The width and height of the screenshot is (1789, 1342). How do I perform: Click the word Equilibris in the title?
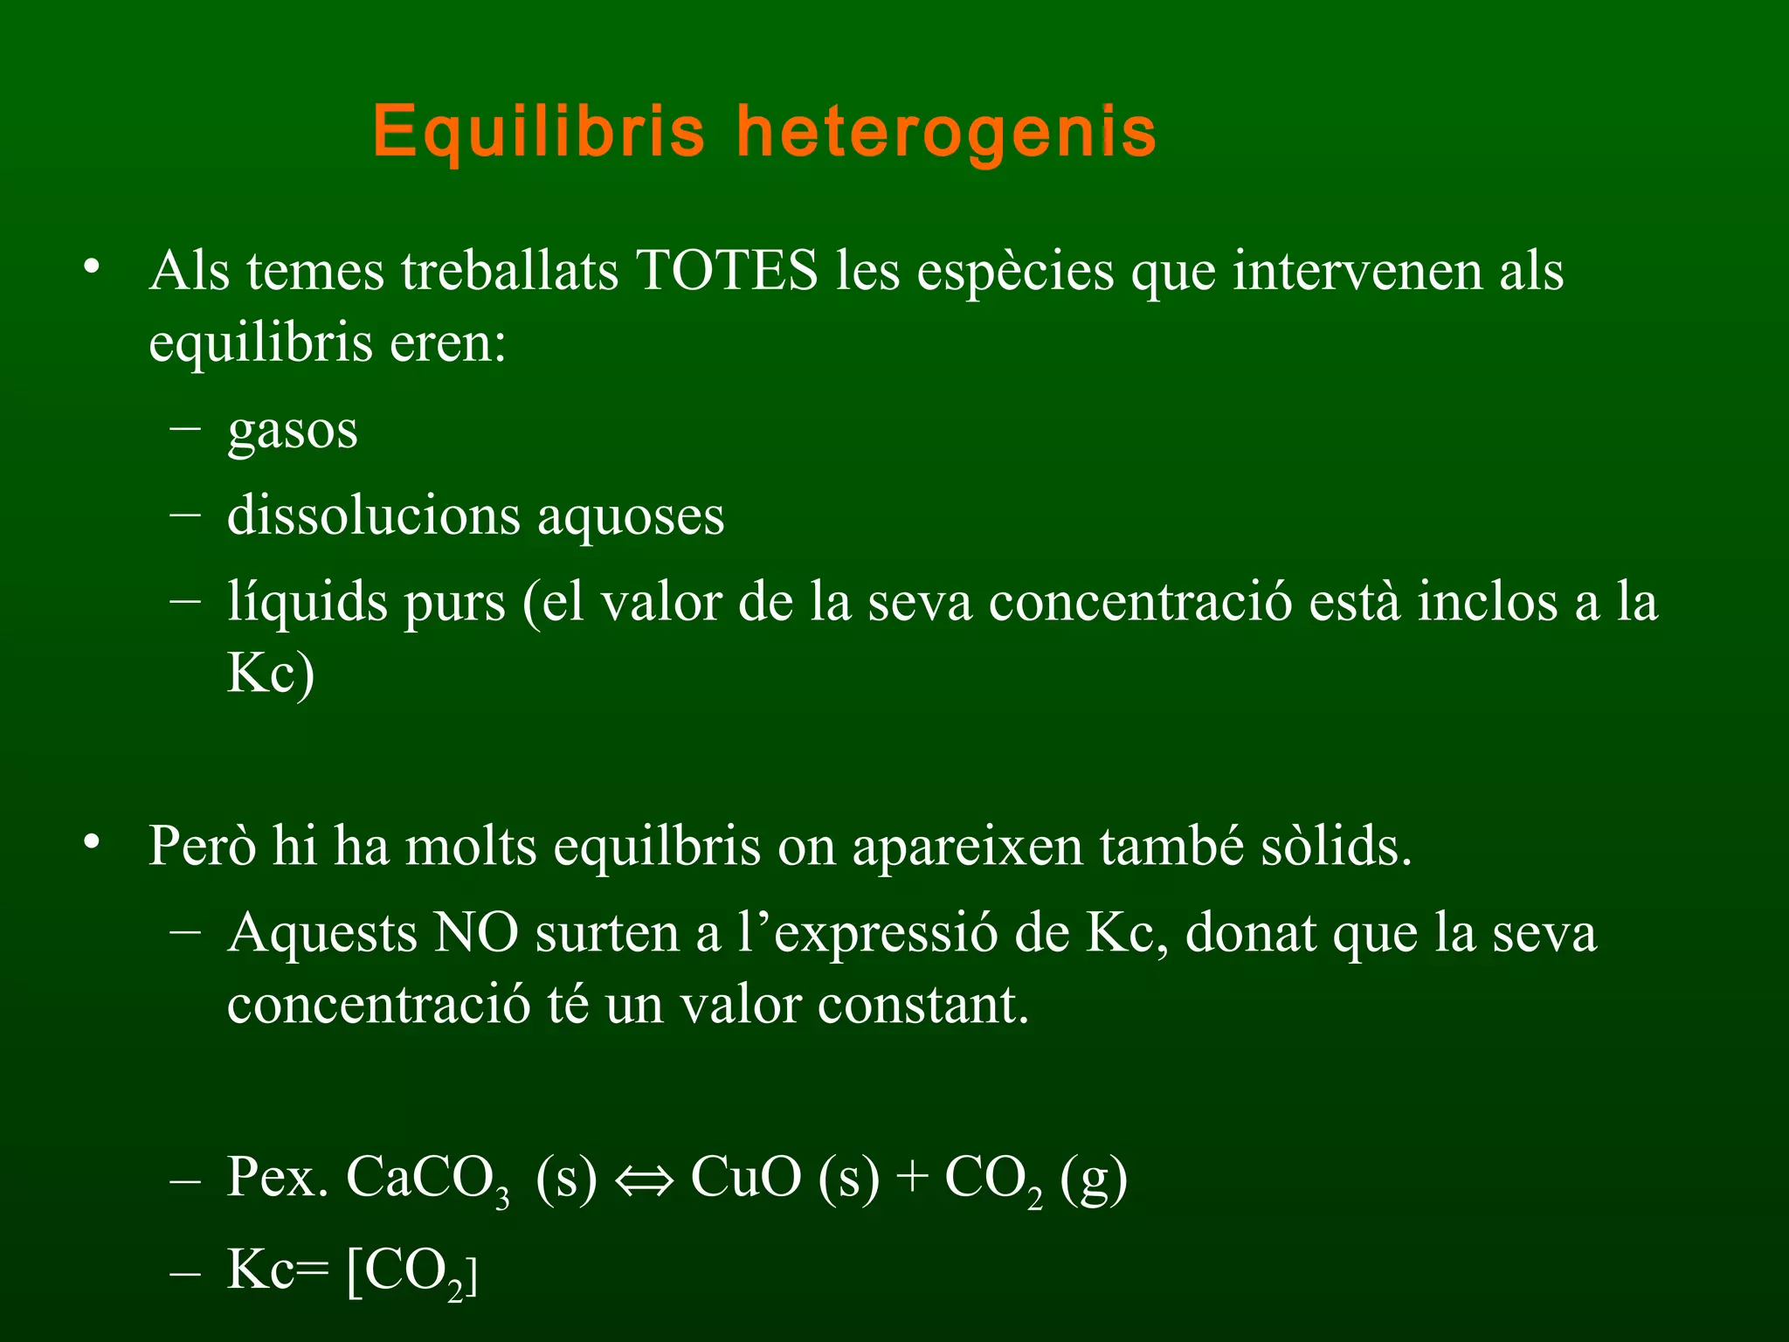pyautogui.click(x=538, y=131)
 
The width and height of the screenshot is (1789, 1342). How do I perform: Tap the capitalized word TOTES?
pyautogui.click(x=726, y=270)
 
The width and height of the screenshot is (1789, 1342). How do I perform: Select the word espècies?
pyautogui.click(x=1015, y=272)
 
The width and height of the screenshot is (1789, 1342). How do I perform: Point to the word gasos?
pyautogui.click(x=293, y=431)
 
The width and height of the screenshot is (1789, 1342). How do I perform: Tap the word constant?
pyautogui.click(x=923, y=1005)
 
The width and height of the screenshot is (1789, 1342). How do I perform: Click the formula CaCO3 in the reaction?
pyautogui.click(x=428, y=1179)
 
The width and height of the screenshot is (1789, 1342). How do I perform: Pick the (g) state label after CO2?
pyautogui.click(x=1093, y=1179)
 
